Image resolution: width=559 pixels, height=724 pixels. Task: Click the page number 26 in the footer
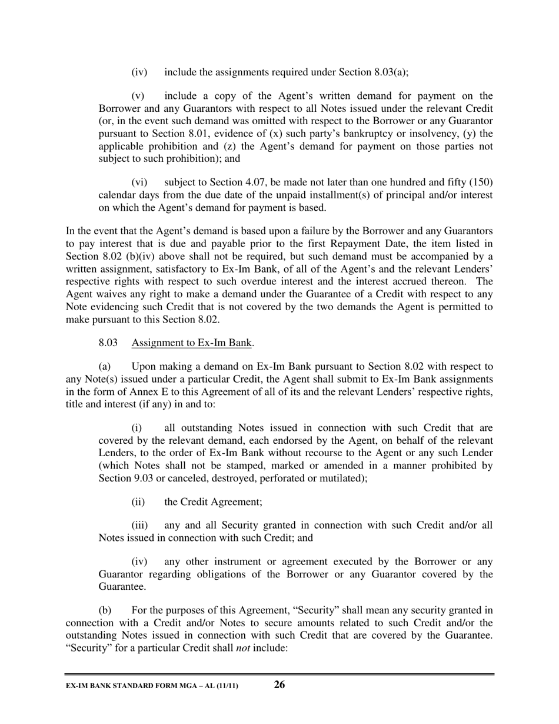[x=279, y=684]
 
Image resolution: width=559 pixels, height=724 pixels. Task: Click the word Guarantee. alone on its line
[x=120, y=586]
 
